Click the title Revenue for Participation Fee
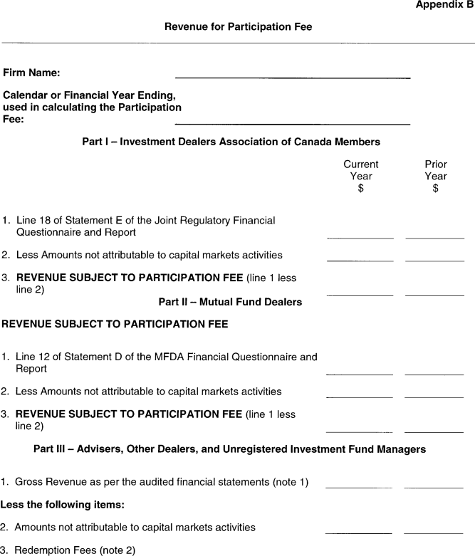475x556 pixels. (x=238, y=27)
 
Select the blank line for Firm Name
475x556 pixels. (x=292, y=75)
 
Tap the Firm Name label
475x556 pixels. (x=31, y=73)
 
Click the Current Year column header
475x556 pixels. (x=360, y=176)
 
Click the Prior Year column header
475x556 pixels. (x=435, y=176)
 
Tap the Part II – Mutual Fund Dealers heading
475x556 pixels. (x=230, y=302)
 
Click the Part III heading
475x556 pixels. (x=229, y=449)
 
